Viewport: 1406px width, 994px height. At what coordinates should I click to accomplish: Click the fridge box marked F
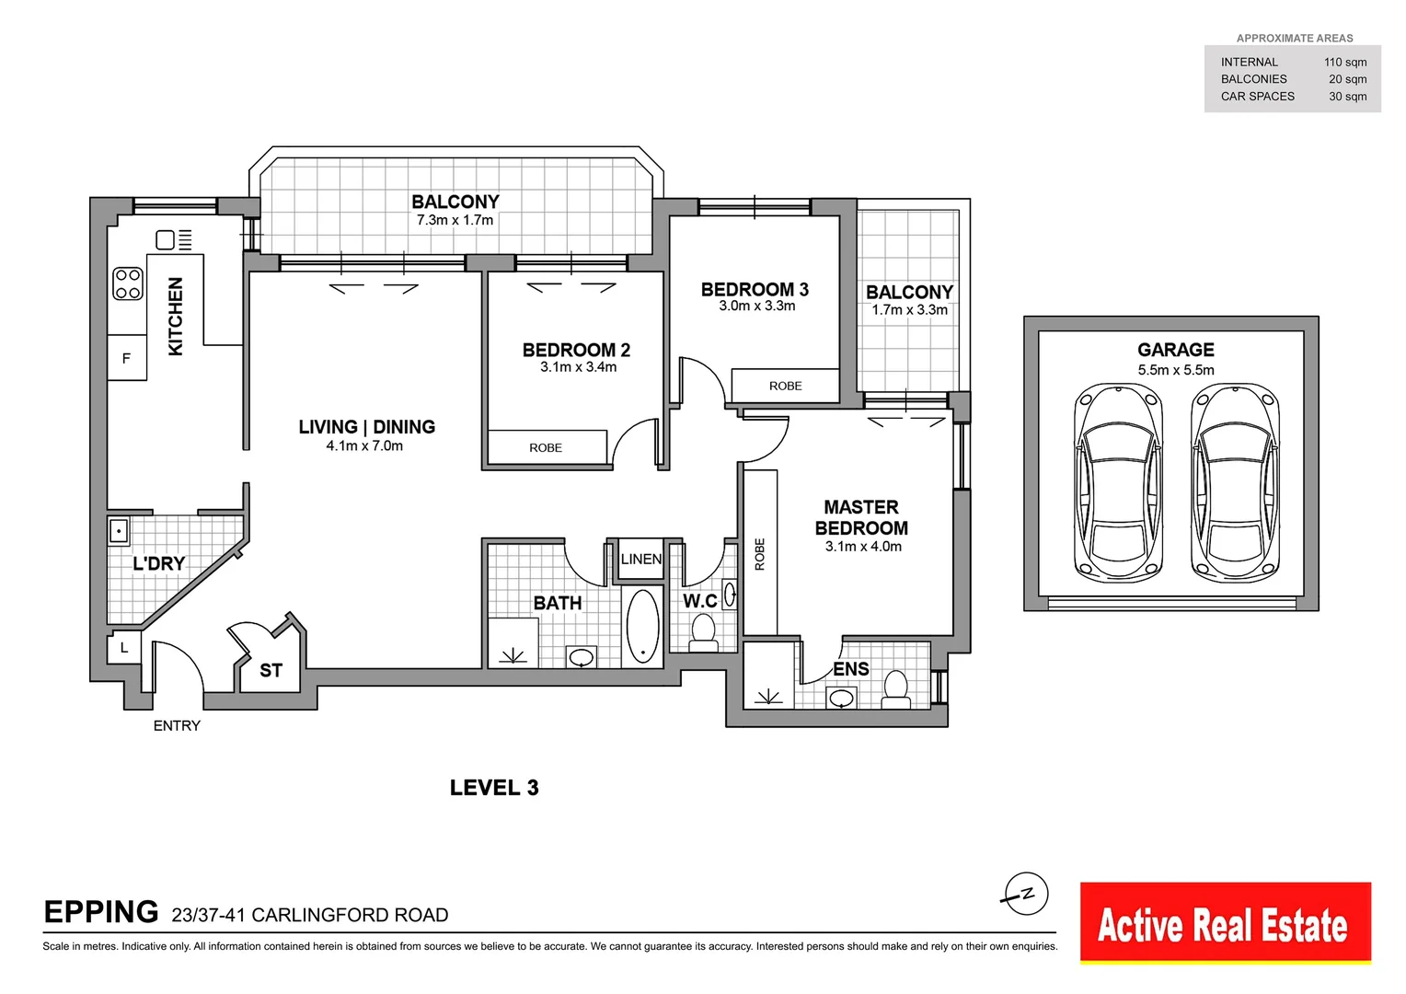coord(127,358)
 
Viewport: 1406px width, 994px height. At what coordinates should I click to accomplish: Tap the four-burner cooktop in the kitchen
coord(128,284)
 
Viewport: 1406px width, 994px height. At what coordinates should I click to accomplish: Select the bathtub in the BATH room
coord(642,626)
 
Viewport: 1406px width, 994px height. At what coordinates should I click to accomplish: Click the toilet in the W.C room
coord(703,631)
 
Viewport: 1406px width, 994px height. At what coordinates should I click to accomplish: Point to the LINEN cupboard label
coord(640,559)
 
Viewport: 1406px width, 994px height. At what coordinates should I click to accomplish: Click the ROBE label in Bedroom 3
coord(785,386)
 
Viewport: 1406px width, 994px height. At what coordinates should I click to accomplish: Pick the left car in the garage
coord(1119,483)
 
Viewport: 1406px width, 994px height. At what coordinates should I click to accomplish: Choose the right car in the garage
coord(1235,483)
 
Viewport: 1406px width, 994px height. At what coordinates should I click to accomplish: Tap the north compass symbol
coord(1025,894)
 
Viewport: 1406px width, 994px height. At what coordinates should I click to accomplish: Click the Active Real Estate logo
coord(1225,924)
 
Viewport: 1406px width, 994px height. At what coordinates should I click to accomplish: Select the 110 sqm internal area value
coord(1344,63)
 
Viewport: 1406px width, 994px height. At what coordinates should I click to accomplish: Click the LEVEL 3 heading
coord(494,788)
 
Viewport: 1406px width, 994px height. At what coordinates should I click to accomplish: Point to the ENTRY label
coord(177,725)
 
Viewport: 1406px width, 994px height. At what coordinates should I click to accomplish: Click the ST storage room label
coord(271,670)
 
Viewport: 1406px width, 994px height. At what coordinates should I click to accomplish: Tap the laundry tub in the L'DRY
coord(119,531)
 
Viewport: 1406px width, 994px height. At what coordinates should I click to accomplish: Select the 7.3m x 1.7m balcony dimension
coord(455,220)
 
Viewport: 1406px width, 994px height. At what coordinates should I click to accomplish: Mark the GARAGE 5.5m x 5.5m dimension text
coord(1175,370)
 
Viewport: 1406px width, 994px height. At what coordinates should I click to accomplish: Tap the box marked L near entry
coord(124,648)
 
